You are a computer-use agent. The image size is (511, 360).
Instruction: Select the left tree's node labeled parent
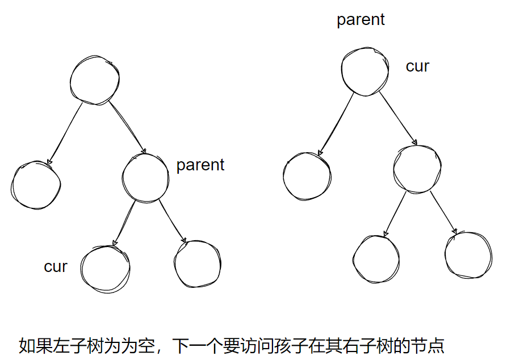[x=145, y=177]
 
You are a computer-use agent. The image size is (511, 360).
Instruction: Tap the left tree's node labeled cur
[x=106, y=267]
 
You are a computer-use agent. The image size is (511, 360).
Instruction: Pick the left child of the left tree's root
[x=36, y=185]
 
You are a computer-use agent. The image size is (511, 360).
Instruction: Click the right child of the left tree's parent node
[x=197, y=263]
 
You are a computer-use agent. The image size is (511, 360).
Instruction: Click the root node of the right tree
[x=365, y=70]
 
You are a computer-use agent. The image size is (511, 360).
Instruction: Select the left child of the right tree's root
[x=307, y=175]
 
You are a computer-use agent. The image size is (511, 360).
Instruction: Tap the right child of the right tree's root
[x=417, y=169]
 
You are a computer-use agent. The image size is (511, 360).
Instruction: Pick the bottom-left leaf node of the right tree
[x=376, y=258]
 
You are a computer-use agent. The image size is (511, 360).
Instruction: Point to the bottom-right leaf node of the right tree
[x=468, y=254]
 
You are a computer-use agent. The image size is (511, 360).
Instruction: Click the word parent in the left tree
[x=200, y=165]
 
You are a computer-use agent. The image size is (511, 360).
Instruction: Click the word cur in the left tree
[x=56, y=266]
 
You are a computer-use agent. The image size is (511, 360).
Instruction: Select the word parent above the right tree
[x=361, y=20]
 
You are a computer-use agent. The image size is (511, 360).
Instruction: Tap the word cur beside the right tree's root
[x=417, y=66]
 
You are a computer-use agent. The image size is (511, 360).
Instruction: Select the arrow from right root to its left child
[x=335, y=124]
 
